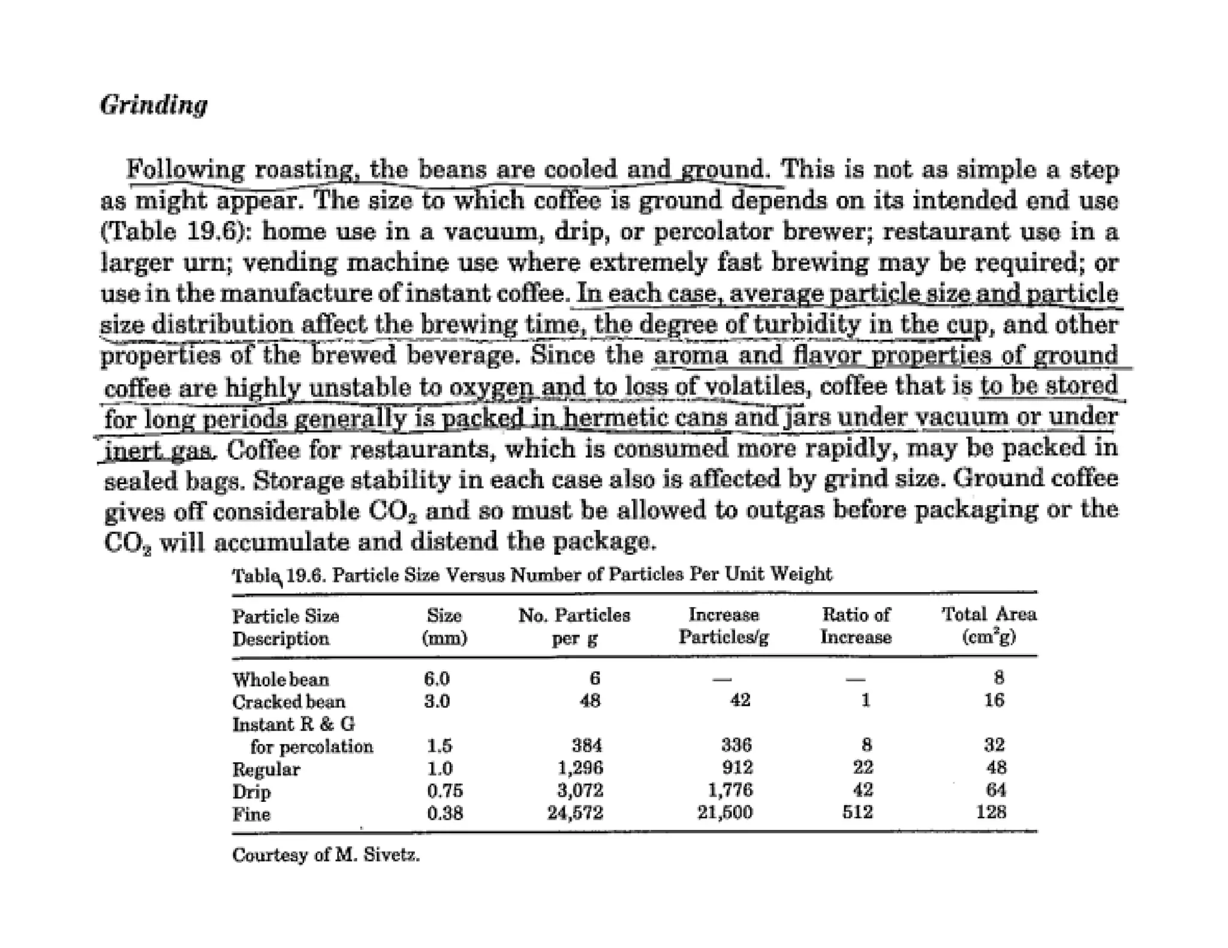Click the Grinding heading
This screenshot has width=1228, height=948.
pos(153,105)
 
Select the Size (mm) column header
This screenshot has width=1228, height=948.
pos(444,626)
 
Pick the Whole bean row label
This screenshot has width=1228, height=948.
pos(281,679)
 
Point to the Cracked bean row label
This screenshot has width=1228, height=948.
pos(288,701)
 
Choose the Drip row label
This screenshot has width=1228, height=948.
pos(251,792)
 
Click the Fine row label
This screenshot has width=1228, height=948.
pos(251,814)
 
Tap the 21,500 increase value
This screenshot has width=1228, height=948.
pos(724,813)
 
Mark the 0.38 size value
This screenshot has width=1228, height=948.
pos(444,813)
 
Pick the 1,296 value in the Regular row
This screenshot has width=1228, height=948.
pos(580,768)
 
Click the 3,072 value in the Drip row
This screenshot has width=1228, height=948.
pos(580,790)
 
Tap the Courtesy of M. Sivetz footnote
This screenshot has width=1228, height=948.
pos(326,855)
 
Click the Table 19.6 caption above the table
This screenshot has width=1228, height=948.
pos(532,575)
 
